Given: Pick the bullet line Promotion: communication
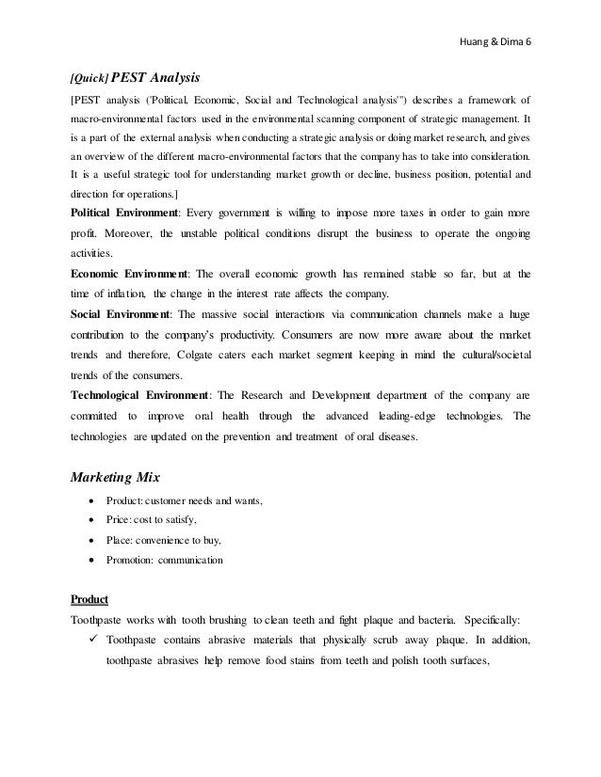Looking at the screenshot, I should point(165,560).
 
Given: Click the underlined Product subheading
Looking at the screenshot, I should point(90,599).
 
